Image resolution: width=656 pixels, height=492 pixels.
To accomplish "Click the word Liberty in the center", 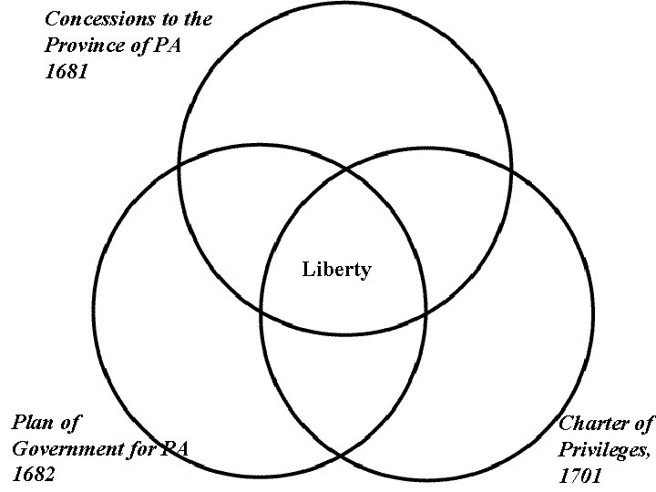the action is (336, 270).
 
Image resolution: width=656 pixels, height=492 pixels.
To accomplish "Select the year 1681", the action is (66, 72).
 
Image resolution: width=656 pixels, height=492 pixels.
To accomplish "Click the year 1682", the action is (35, 476).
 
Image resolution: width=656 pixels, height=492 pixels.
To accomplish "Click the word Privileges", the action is (605, 449).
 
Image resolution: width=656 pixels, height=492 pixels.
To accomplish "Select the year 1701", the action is (581, 476).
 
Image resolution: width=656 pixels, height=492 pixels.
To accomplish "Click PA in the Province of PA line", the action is (167, 46).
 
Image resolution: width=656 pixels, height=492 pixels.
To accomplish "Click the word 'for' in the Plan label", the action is (146, 449).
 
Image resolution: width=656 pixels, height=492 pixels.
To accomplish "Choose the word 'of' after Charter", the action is (643, 424).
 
